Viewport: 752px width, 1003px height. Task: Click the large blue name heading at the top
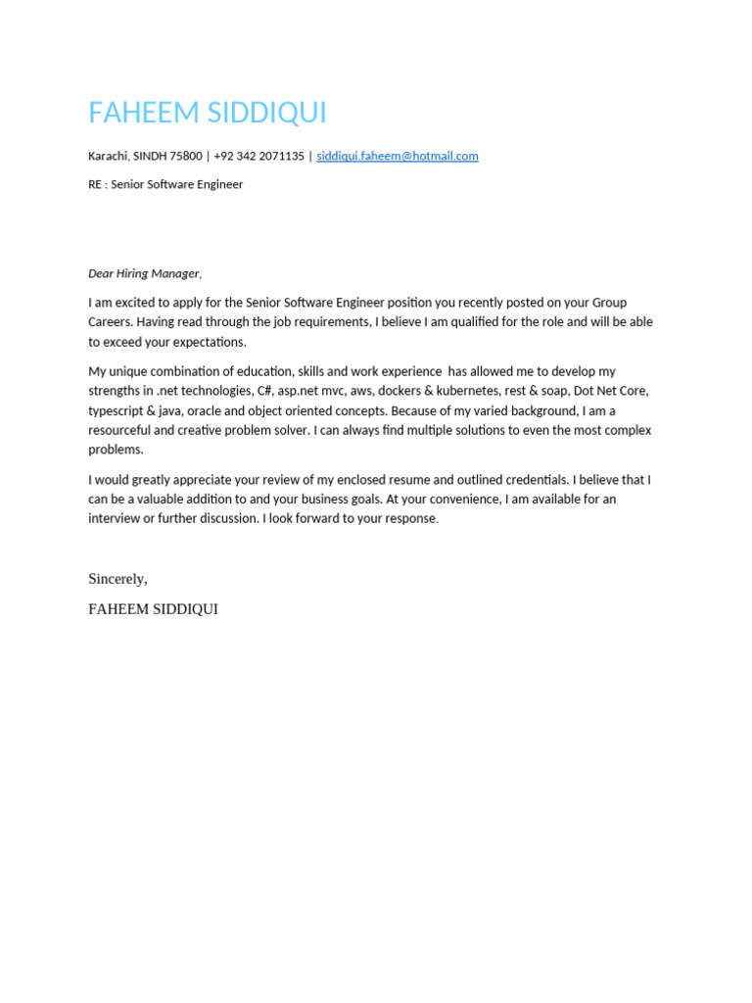pyautogui.click(x=208, y=114)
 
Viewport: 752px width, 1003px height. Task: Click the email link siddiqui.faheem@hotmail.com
pyautogui.click(x=397, y=156)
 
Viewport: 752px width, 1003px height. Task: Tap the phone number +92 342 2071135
pyautogui.click(x=258, y=156)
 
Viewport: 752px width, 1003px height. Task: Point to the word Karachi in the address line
pyautogui.click(x=108, y=156)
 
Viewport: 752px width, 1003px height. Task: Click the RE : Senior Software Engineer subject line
pyautogui.click(x=165, y=184)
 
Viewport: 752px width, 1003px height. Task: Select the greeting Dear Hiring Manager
pyautogui.click(x=144, y=273)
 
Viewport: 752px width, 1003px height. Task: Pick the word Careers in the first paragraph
pyautogui.click(x=110, y=322)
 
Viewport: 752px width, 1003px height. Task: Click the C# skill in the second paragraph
pyautogui.click(x=264, y=391)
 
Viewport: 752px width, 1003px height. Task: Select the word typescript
pyautogui.click(x=116, y=410)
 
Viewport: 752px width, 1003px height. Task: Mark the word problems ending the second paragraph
pyautogui.click(x=115, y=450)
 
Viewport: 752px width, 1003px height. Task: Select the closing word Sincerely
pyautogui.click(x=117, y=579)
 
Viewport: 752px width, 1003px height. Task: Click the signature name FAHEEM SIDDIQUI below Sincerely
pyautogui.click(x=153, y=609)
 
